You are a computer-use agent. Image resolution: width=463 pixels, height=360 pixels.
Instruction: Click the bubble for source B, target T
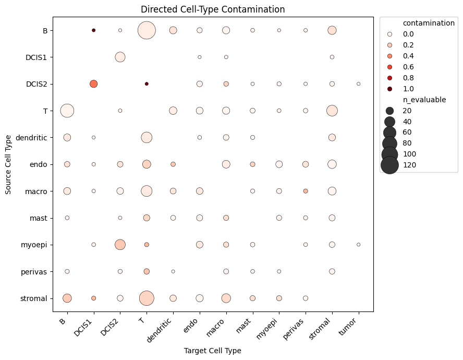click(x=147, y=30)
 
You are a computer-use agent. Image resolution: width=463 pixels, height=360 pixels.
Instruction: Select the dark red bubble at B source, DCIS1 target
click(x=94, y=30)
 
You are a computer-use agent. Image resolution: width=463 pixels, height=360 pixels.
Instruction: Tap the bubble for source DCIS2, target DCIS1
click(x=94, y=84)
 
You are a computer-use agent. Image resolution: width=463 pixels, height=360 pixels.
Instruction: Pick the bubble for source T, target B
click(x=67, y=111)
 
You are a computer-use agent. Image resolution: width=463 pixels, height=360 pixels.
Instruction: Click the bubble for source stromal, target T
click(x=147, y=298)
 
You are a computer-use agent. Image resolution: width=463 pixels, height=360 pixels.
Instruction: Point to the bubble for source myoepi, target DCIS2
click(x=120, y=245)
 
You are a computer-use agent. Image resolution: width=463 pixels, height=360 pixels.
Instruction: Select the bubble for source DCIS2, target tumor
click(x=359, y=84)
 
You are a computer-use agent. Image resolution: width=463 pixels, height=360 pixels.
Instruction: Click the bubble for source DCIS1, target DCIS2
click(x=120, y=57)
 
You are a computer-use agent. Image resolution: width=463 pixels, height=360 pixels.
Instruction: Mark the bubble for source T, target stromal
click(x=332, y=111)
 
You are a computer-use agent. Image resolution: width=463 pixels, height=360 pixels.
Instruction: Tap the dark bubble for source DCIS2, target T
click(x=147, y=84)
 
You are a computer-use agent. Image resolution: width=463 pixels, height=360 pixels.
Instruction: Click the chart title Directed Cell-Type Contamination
click(x=213, y=9)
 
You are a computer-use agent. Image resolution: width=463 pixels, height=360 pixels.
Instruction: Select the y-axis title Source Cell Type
click(x=8, y=165)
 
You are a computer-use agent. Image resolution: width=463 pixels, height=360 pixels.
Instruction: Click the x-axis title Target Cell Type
click(x=213, y=351)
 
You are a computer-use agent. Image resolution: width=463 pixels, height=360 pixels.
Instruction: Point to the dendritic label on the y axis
click(x=31, y=138)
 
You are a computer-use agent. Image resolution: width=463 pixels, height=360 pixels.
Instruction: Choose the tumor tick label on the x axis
click(x=348, y=327)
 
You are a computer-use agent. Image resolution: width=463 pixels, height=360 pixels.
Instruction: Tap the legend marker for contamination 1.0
click(x=390, y=89)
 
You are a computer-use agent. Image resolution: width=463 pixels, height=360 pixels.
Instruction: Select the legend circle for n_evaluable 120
click(x=390, y=165)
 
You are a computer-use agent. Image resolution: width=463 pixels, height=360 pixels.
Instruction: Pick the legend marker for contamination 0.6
click(x=390, y=67)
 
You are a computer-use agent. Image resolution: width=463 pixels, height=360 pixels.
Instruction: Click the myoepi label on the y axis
click(x=34, y=245)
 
